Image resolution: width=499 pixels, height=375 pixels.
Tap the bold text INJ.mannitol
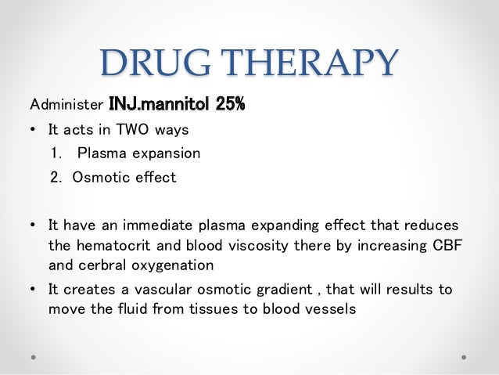tap(157, 104)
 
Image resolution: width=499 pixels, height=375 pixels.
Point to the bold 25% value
tap(228, 104)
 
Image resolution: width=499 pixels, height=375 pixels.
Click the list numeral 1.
tap(56, 153)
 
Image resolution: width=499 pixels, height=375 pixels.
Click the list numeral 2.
tap(56, 177)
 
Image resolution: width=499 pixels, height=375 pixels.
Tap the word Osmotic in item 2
tap(99, 177)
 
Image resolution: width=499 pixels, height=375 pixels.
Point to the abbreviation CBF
tap(445, 245)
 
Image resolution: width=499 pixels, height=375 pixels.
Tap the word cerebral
tap(106, 264)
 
